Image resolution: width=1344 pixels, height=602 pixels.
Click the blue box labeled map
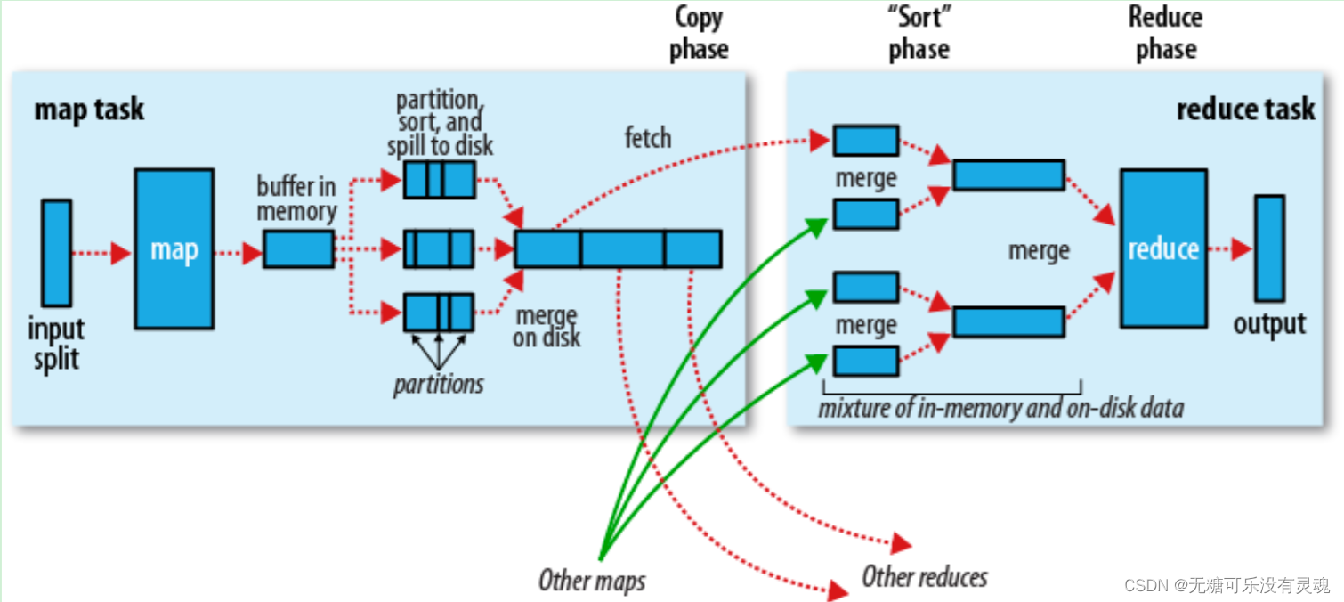tap(174, 249)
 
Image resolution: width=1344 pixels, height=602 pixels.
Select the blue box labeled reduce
tap(1163, 249)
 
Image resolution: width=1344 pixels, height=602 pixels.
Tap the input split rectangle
tap(56, 253)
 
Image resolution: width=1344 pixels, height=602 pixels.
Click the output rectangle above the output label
tap(1269, 248)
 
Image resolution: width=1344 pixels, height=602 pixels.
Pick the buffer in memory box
tap(298, 248)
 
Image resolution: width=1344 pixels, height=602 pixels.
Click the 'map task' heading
tap(89, 110)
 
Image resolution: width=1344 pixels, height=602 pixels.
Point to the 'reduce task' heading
tap(1245, 110)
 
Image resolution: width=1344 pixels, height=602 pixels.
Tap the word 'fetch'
tap(647, 137)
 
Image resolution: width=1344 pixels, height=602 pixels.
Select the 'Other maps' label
tap(592, 581)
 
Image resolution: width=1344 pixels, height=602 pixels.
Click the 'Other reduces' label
tap(925, 577)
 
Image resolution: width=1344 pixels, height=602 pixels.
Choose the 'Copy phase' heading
tap(699, 33)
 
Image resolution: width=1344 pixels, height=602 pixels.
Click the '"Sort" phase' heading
tap(919, 33)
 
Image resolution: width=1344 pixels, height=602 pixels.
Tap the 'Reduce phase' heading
tap(1165, 33)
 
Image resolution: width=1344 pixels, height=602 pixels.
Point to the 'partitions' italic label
tap(439, 384)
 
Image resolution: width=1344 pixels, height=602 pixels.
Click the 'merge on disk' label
tap(547, 327)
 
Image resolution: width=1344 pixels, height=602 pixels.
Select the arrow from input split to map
tap(101, 254)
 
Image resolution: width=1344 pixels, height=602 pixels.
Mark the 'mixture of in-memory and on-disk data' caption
tap(1001, 409)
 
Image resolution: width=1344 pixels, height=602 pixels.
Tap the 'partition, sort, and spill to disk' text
tap(440, 122)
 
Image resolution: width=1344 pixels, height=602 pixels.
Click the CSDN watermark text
tap(1227, 585)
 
